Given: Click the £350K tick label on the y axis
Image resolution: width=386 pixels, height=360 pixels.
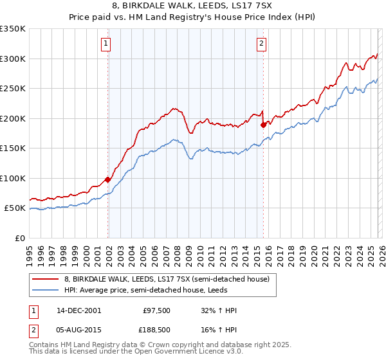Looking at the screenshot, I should (x=13, y=29).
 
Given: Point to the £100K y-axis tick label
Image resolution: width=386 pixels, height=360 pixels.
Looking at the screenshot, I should (x=13, y=178).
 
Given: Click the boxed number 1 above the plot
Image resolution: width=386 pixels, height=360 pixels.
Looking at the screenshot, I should (x=106, y=44).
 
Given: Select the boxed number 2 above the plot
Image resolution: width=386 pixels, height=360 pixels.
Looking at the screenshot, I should (x=262, y=44).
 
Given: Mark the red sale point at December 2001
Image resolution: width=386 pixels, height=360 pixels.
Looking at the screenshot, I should (x=107, y=180).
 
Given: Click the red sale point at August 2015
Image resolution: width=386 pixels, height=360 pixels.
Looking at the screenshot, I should (x=263, y=125).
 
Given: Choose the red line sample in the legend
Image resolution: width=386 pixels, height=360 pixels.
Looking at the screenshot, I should (x=46, y=279).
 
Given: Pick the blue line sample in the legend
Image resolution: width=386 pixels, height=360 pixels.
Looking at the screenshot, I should (x=46, y=290).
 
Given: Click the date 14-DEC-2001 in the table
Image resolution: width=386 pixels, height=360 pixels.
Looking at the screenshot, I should (x=78, y=310).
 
